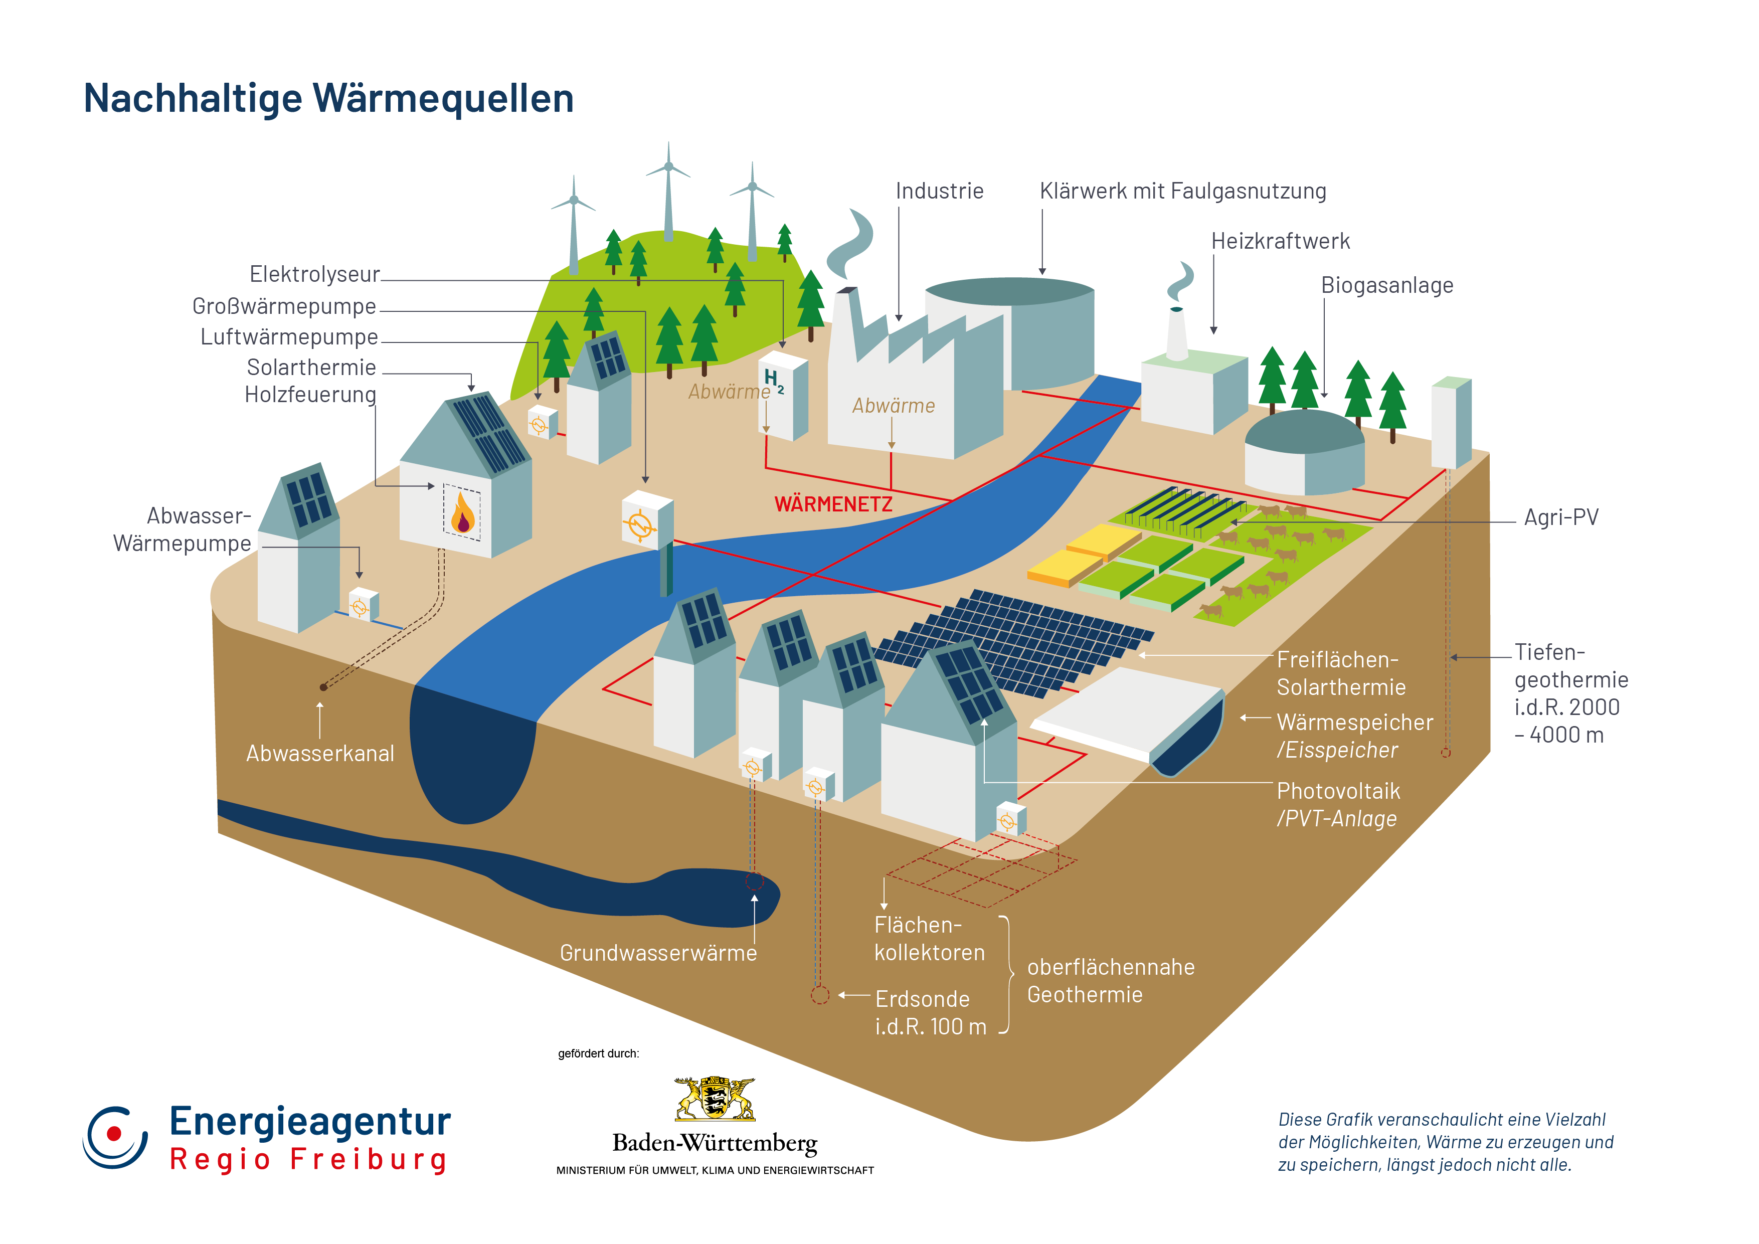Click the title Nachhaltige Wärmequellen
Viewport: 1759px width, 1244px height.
point(328,99)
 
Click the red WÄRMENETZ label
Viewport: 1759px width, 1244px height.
point(833,504)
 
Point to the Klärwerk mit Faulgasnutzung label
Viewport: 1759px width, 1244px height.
point(1182,192)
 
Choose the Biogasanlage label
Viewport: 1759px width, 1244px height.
point(1386,286)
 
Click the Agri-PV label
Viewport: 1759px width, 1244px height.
point(1560,518)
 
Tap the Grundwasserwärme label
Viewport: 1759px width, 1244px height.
point(658,953)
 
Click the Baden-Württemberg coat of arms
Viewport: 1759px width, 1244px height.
point(714,1099)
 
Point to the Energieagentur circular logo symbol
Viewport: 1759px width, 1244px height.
point(115,1137)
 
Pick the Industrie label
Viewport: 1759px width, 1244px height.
point(939,192)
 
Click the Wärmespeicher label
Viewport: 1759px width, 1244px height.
point(1354,723)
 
